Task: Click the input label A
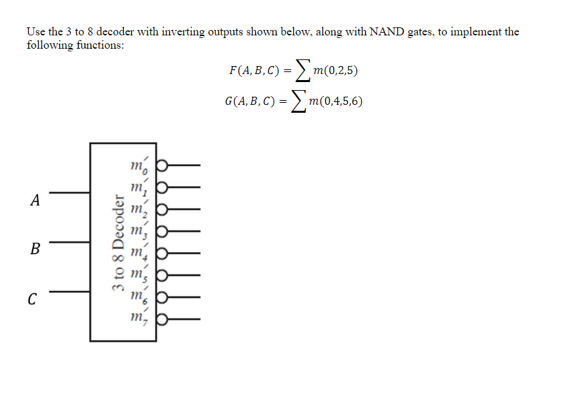[x=35, y=199]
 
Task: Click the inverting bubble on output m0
[x=161, y=163]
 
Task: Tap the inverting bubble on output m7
[x=161, y=320]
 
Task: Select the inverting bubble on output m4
[x=161, y=253]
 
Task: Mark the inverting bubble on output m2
[x=161, y=208]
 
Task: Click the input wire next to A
[x=69, y=193]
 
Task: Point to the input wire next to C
[x=69, y=291]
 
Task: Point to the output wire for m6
[x=183, y=298]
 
